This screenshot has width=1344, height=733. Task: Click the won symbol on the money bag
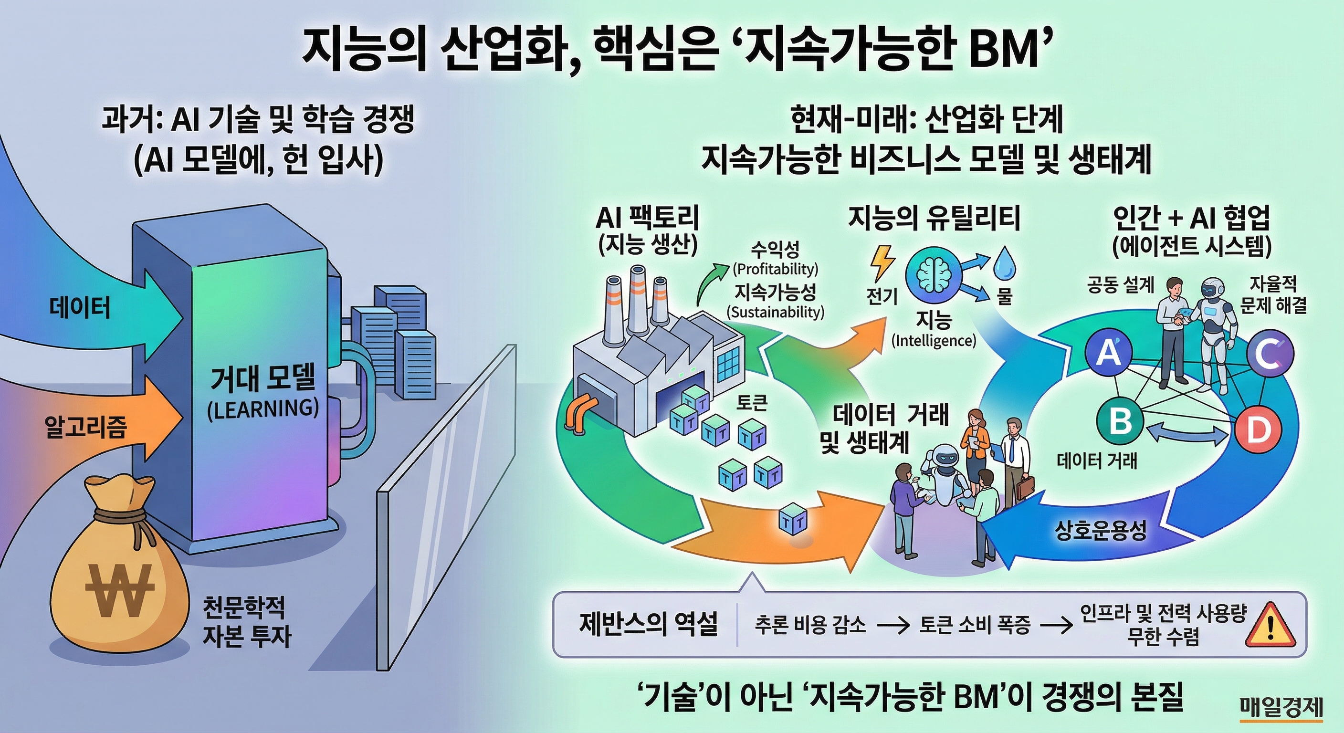pyautogui.click(x=119, y=589)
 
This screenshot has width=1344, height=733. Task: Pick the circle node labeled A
pyautogui.click(x=1109, y=353)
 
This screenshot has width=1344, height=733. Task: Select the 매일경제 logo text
pyautogui.click(x=1281, y=707)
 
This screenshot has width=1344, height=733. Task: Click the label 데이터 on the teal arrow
pyautogui.click(x=80, y=308)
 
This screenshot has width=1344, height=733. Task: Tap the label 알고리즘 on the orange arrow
pyautogui.click(x=85, y=427)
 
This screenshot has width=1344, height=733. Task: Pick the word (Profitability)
pyautogui.click(x=775, y=269)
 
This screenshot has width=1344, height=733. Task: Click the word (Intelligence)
pyautogui.click(x=934, y=341)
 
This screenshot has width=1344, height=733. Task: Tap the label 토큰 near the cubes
pyautogui.click(x=752, y=403)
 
